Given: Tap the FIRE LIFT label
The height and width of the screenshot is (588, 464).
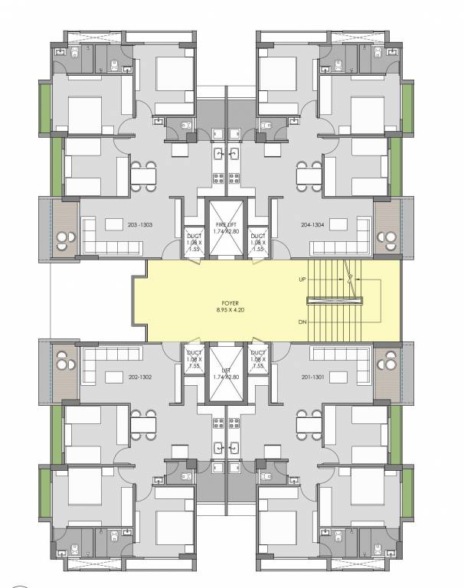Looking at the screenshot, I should coord(227,225).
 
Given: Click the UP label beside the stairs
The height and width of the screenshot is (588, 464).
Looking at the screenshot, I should coord(303,280).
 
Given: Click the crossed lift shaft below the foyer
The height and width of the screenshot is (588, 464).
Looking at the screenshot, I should coord(227,374).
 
